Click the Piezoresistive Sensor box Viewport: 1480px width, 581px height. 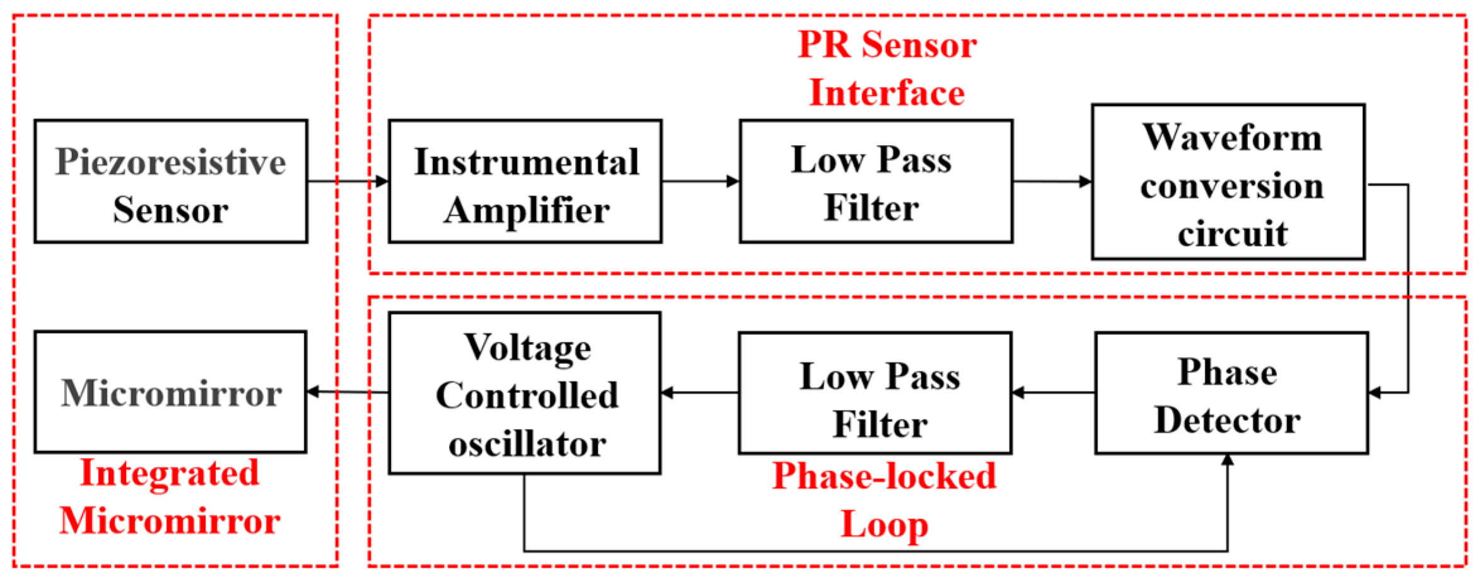coord(171,182)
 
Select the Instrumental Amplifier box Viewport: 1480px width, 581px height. coord(525,182)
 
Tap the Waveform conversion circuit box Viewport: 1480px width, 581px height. coord(1228,182)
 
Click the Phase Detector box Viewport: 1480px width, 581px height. coord(1232,394)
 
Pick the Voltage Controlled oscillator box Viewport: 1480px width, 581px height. coord(525,394)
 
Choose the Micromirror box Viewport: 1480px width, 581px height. coord(171,392)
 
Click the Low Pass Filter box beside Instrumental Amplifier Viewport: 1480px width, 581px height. coord(876,182)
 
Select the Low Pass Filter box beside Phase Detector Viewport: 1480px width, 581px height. coord(875,394)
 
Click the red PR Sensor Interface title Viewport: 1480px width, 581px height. coord(887,69)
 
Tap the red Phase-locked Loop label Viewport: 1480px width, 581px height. coord(884,500)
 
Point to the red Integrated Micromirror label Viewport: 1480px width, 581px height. coord(170,497)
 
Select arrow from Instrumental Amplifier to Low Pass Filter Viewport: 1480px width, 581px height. coord(701,182)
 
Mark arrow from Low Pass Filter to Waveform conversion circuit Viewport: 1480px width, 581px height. coord(1052,182)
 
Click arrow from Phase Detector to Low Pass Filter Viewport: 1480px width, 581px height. coord(1053,393)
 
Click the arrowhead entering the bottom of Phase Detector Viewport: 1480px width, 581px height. coord(1227,461)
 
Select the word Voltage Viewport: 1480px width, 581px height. coord(528,348)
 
